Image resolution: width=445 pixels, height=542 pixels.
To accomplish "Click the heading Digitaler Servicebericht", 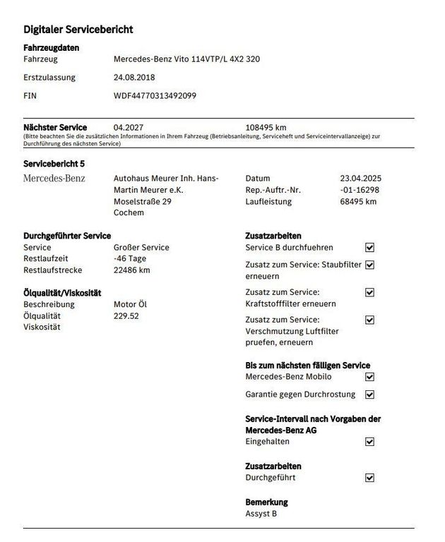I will point(78,30).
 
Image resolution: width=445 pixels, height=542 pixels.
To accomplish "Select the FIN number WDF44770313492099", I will point(155,95).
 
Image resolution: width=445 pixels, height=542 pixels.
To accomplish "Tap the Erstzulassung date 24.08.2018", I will point(134,78).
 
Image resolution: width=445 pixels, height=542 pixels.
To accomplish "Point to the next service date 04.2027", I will point(128,128).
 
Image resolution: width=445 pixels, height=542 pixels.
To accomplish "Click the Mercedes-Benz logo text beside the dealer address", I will point(54,179).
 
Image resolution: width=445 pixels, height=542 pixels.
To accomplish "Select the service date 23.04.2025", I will point(360,179).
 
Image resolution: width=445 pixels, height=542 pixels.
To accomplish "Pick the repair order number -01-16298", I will point(360,190).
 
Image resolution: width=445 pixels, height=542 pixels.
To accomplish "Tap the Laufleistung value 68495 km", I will point(358,202).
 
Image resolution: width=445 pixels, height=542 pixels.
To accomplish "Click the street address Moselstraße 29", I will point(143,201).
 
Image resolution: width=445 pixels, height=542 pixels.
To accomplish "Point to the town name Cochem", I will point(129,212).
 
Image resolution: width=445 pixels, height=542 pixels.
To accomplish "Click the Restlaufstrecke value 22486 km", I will point(131,270).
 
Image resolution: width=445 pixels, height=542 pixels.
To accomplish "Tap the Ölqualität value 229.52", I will point(126,315).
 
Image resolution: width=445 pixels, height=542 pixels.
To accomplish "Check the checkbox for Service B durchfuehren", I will point(369,248).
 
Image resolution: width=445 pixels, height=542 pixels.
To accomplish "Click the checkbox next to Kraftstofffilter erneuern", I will point(369,292).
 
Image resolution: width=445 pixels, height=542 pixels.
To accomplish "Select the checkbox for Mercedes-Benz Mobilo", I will point(369,377).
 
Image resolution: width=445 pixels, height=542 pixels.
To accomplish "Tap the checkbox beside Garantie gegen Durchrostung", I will point(369,395).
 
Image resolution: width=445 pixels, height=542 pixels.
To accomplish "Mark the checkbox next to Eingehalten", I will point(369,442).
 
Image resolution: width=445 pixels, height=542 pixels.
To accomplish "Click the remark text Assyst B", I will point(261,514).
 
